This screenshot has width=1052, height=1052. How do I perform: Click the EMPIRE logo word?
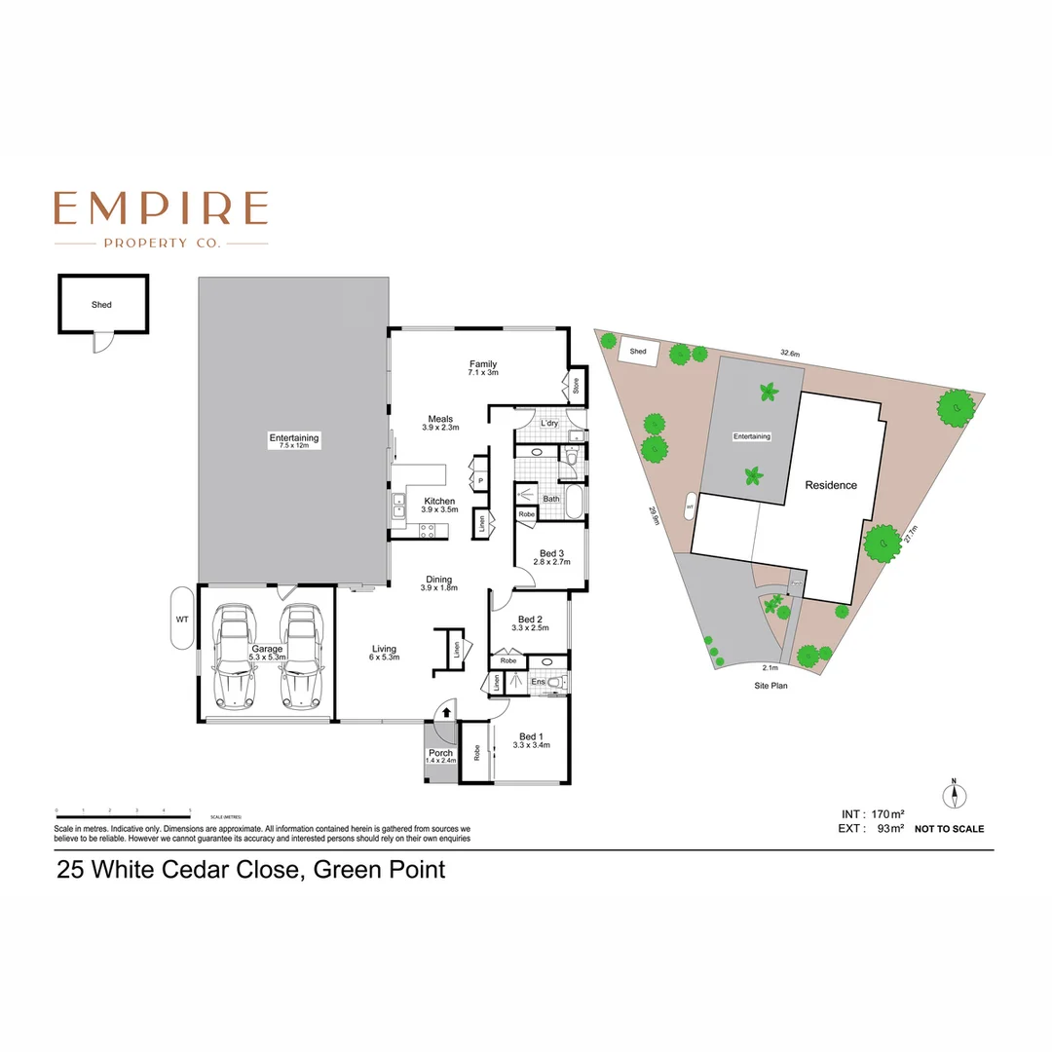[161, 208]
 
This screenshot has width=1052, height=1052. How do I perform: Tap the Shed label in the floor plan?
[101, 305]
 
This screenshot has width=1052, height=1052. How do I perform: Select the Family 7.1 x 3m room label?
[483, 368]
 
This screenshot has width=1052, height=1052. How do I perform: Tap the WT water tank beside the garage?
[182, 618]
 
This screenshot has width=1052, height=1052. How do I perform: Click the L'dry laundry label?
[549, 424]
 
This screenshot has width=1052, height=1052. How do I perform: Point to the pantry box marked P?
[480, 481]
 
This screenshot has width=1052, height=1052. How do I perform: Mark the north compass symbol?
[955, 795]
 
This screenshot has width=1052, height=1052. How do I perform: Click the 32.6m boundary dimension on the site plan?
[790, 354]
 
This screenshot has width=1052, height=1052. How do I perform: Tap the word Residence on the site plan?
[831, 485]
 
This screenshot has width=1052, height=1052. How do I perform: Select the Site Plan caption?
[770, 686]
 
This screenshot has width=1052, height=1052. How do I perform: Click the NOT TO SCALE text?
[950, 829]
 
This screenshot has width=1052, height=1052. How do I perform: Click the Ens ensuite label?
[538, 683]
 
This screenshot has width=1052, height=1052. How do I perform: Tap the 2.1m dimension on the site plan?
[770, 667]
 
